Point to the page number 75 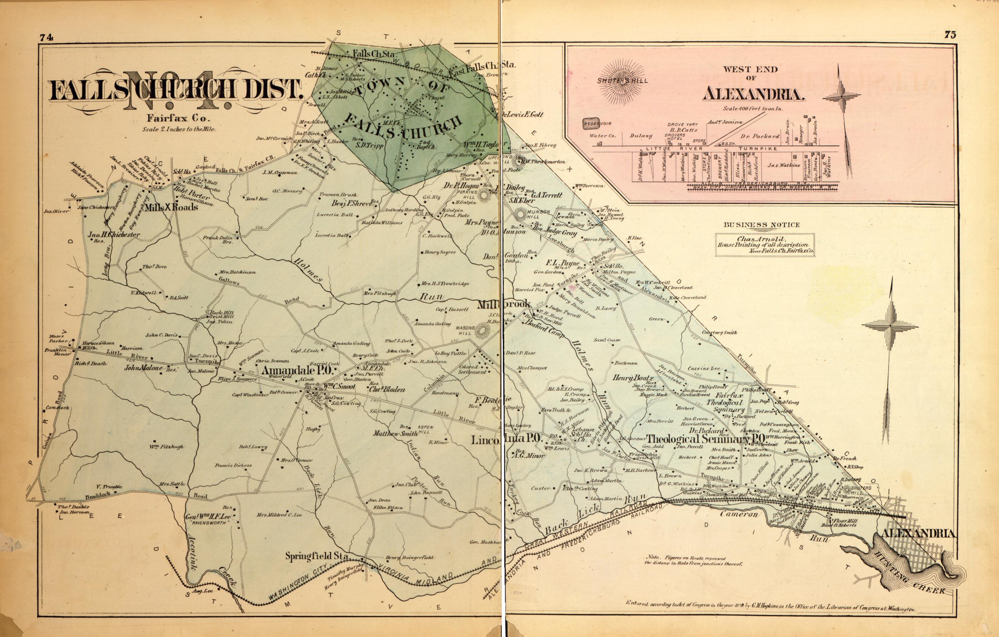(950, 35)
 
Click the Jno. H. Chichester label (114, 235)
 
